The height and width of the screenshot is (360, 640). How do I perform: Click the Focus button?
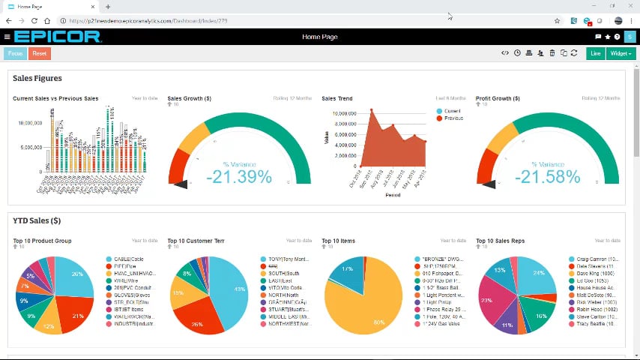click(x=14, y=53)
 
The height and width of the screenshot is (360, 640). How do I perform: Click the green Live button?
click(x=596, y=53)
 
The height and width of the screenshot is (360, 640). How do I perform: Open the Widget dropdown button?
click(x=620, y=53)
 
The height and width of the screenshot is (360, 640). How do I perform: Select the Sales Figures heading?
click(x=37, y=78)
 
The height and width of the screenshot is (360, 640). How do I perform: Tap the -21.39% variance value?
click(x=239, y=177)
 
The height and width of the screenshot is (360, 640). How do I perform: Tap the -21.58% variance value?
click(x=548, y=177)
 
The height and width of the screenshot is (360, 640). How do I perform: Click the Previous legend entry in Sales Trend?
click(x=453, y=118)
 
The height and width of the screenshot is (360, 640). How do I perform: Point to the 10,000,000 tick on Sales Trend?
click(x=342, y=113)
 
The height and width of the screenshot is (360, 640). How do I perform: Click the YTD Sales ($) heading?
click(x=37, y=220)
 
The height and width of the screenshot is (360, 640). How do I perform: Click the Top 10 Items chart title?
click(x=338, y=241)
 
